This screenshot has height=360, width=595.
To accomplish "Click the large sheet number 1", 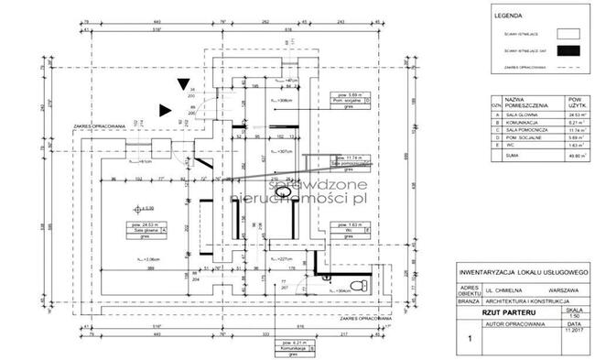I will pos(471,338).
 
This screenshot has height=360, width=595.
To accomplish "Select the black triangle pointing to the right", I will pos(165,110).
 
